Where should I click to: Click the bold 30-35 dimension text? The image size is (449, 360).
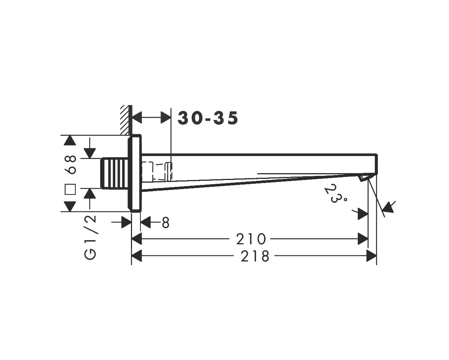click(x=208, y=118)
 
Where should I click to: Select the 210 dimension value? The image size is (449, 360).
click(x=251, y=239)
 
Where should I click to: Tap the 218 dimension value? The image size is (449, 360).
click(x=255, y=256)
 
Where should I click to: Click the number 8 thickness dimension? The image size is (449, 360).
click(x=166, y=223)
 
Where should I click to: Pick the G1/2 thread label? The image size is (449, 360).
click(x=90, y=237)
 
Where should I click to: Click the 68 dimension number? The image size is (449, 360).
click(x=70, y=165)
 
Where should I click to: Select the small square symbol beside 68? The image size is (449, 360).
click(x=70, y=189)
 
